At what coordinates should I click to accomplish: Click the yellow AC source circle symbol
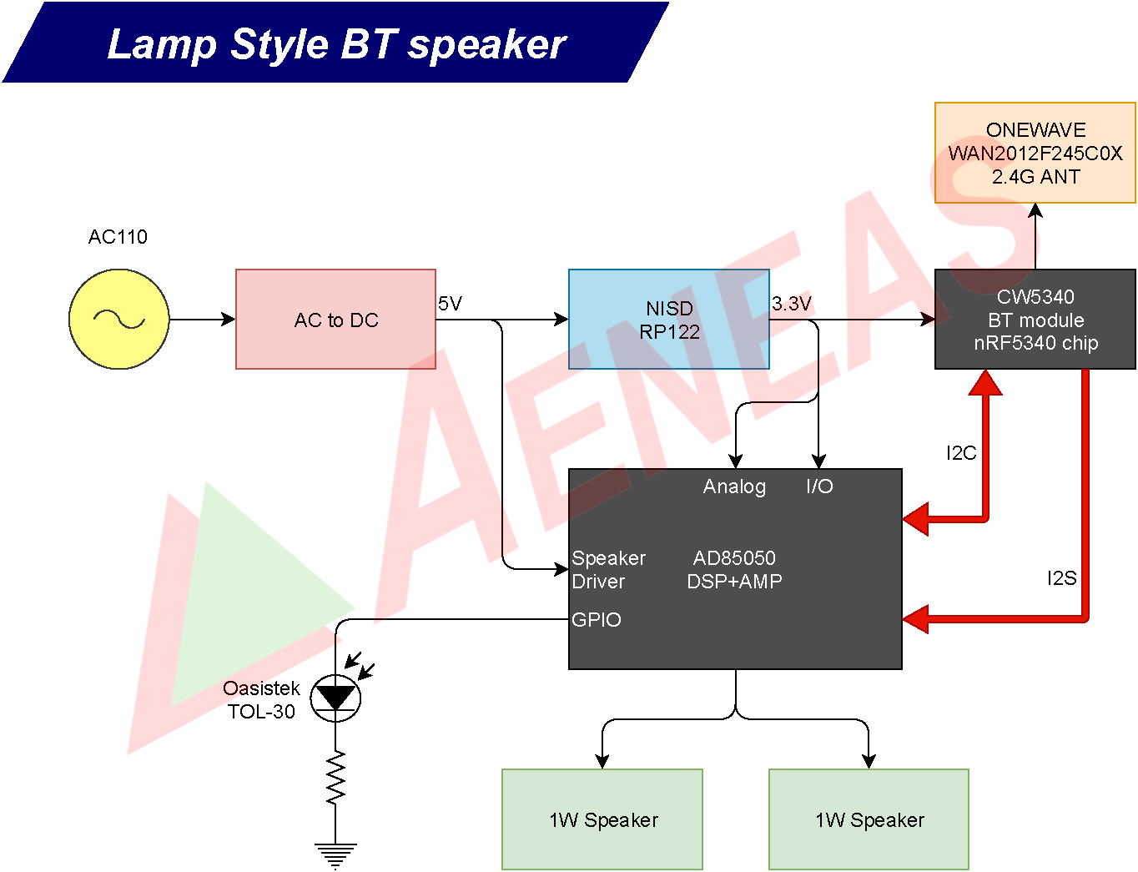tap(118, 319)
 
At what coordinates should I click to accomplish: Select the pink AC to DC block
tap(335, 319)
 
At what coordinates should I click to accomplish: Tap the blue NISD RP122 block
tap(668, 319)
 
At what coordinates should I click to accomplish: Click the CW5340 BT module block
tap(1035, 319)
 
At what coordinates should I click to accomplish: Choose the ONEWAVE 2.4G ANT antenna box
tap(1035, 153)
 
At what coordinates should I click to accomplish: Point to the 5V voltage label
tap(450, 304)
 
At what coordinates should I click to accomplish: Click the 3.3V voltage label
tap(791, 304)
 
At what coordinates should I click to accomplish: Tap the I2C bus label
tap(960, 453)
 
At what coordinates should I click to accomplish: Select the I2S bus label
tap(1061, 578)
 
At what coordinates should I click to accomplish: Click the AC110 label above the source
tap(118, 237)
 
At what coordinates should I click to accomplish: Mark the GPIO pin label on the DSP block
tap(596, 620)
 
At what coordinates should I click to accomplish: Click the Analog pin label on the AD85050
tap(734, 486)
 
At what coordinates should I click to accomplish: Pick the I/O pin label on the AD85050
tap(819, 486)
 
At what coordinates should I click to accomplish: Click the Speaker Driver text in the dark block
tap(608, 570)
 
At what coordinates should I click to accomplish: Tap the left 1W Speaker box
tap(602, 819)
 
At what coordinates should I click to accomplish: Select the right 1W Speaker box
tap(869, 819)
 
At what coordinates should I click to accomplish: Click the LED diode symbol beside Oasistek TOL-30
tap(335, 698)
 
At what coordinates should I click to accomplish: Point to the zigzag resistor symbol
tap(335, 778)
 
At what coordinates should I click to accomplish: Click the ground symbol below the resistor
tap(335, 855)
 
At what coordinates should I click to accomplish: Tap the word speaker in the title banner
tap(486, 44)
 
